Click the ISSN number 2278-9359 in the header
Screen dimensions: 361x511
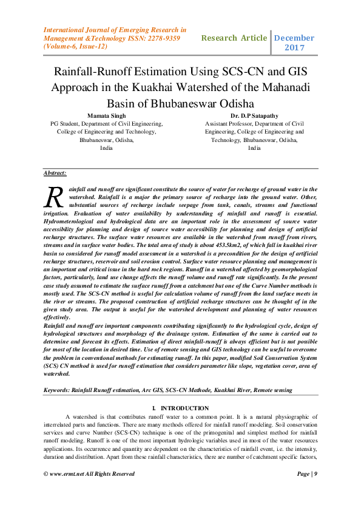(x=156, y=37)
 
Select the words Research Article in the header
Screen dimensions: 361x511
(x=234, y=38)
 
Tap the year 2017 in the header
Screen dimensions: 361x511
(x=295, y=47)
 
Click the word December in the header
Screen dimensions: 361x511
(x=294, y=38)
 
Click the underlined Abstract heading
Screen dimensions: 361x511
(x=55, y=174)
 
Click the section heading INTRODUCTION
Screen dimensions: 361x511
(x=184, y=408)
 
